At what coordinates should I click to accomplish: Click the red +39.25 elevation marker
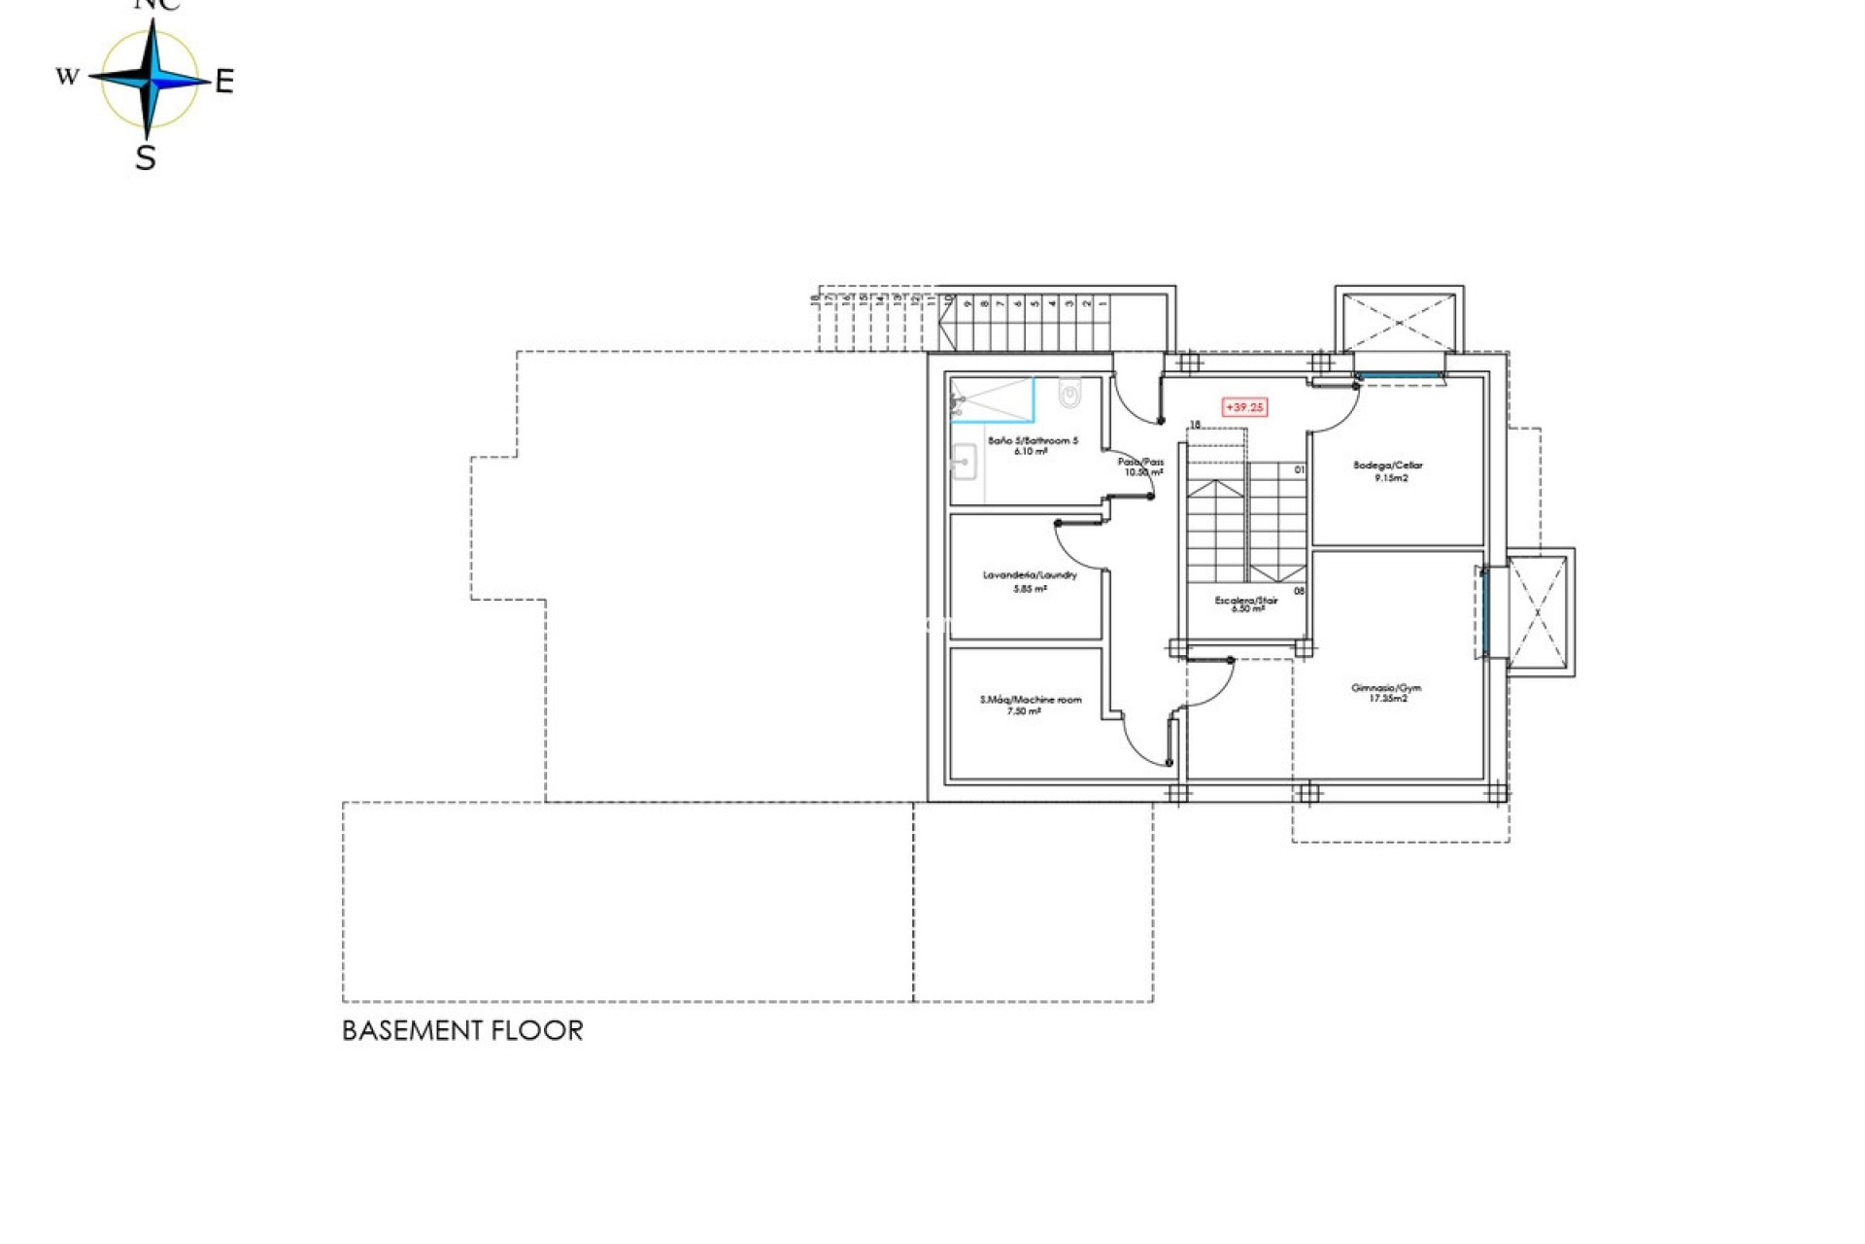click(x=1244, y=407)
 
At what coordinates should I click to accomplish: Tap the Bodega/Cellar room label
click(x=1387, y=466)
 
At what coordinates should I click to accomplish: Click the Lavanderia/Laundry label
click(x=1030, y=575)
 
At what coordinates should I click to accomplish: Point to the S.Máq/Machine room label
click(x=1030, y=700)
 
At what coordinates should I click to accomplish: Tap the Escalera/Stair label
click(x=1246, y=601)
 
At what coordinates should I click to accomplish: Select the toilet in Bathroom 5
click(x=1069, y=396)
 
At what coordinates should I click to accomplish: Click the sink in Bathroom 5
click(x=965, y=460)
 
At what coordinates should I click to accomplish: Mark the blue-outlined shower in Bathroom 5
click(x=992, y=400)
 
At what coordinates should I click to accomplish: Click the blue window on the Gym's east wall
click(x=1484, y=613)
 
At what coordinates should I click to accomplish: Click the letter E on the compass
click(x=224, y=83)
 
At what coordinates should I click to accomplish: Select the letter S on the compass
click(x=146, y=157)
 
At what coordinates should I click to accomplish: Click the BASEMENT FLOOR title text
click(x=462, y=1031)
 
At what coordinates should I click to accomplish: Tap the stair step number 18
click(x=1195, y=425)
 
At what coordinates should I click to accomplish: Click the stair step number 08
click(x=1299, y=591)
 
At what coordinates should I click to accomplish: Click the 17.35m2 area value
click(x=1387, y=699)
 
